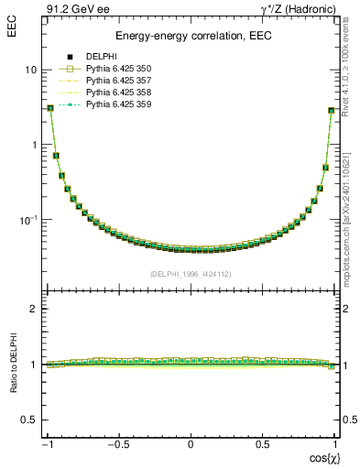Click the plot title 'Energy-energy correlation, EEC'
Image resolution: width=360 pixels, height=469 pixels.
coord(191,36)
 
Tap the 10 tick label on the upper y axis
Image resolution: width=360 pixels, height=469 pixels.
coord(30,70)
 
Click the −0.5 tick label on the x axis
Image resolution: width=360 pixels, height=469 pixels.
coord(119,442)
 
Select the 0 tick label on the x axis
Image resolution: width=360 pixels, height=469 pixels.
coord(191,442)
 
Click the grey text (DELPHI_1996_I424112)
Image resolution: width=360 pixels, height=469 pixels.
coord(191,274)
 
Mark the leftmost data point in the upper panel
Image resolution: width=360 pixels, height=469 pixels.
coord(50,108)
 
